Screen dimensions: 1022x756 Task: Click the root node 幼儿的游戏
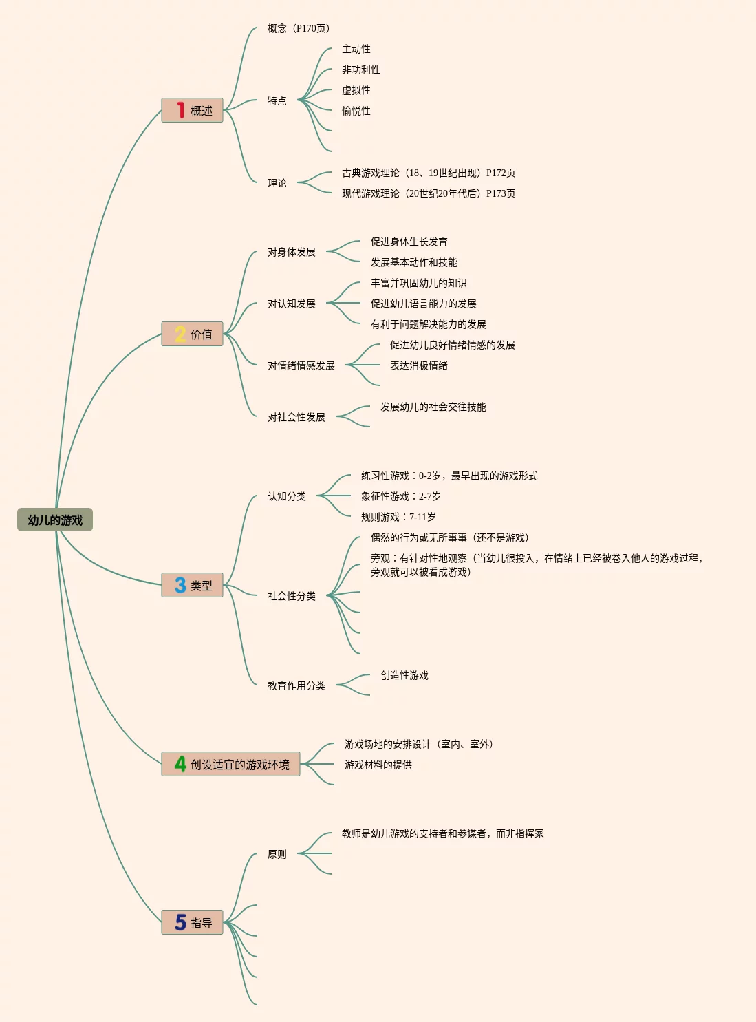point(55,520)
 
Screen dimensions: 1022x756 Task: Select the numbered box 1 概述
point(193,110)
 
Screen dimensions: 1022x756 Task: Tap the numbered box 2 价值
point(193,334)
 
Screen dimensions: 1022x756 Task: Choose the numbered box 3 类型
point(193,585)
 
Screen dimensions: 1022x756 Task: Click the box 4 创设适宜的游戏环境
point(231,764)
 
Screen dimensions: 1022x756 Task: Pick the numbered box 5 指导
point(193,922)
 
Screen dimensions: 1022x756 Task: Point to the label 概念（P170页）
point(299,28)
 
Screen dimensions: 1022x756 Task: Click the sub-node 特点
point(277,100)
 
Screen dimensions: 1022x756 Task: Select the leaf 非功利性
point(361,70)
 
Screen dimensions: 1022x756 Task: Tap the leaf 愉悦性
point(356,111)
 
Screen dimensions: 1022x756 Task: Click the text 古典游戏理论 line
point(429,173)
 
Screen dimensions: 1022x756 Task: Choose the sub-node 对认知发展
point(292,304)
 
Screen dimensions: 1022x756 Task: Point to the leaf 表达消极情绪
point(419,365)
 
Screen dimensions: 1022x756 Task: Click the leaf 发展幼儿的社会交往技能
point(433,407)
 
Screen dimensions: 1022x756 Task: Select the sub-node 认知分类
point(287,496)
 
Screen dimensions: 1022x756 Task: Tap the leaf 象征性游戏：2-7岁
point(401,496)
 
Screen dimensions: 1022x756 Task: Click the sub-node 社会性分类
point(292,596)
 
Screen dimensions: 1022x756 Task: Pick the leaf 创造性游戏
point(404,675)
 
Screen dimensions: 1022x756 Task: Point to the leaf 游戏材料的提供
point(378,765)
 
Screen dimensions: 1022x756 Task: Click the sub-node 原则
point(277,854)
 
